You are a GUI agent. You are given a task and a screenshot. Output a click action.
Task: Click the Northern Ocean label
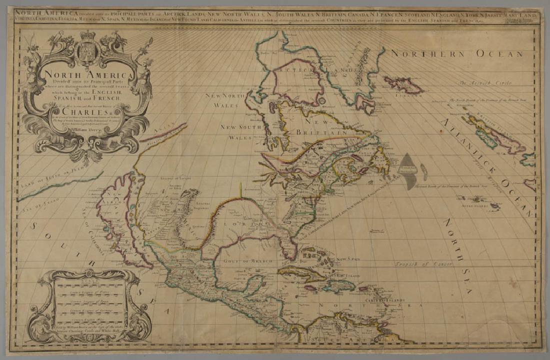(457, 53)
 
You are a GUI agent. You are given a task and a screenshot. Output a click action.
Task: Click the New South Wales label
(238, 131)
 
